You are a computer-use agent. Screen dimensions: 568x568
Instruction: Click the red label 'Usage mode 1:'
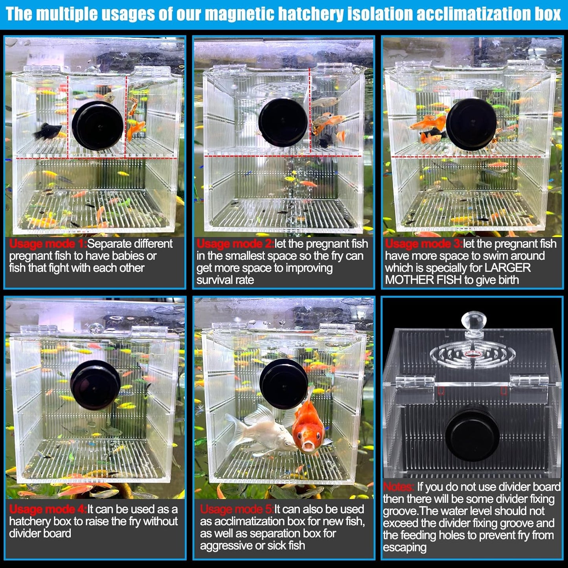click(x=48, y=244)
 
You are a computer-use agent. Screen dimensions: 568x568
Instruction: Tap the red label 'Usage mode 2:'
click(x=235, y=244)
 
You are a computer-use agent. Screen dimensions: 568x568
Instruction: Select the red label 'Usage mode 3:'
click(x=423, y=244)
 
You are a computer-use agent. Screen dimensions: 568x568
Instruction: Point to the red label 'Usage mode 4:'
click(x=48, y=509)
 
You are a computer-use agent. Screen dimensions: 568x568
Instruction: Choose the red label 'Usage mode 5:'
click(x=237, y=509)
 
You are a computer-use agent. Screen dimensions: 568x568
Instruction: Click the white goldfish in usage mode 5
click(x=259, y=431)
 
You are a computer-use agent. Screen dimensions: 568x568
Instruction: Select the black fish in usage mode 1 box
click(x=48, y=131)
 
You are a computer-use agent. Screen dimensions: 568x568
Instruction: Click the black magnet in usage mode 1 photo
click(x=97, y=125)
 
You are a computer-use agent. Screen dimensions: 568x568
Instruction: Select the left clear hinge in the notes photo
click(x=415, y=381)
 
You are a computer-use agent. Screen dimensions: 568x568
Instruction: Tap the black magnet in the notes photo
click(x=472, y=434)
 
